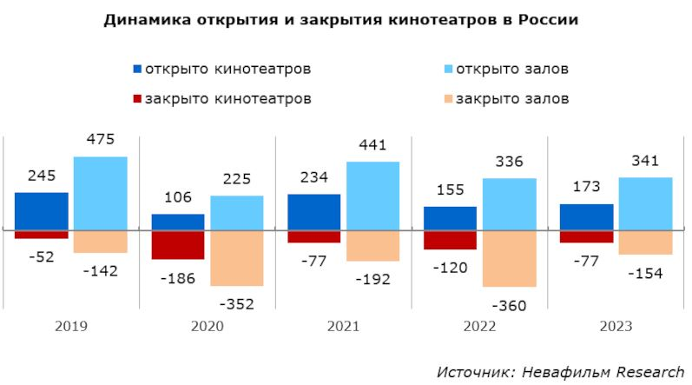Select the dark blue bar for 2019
(42, 211)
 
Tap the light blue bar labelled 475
(101, 193)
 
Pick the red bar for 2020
(178, 245)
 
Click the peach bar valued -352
(236, 258)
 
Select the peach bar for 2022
(509, 258)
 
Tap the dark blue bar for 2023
(586, 217)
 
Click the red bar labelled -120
(450, 240)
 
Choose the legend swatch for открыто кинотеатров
(136, 69)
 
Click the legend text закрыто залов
(513, 98)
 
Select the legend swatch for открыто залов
(447, 69)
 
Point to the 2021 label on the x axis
(343, 327)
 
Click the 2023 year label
(616, 327)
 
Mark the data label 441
(372, 144)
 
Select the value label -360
(509, 306)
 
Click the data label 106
(178, 197)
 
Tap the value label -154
(644, 274)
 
